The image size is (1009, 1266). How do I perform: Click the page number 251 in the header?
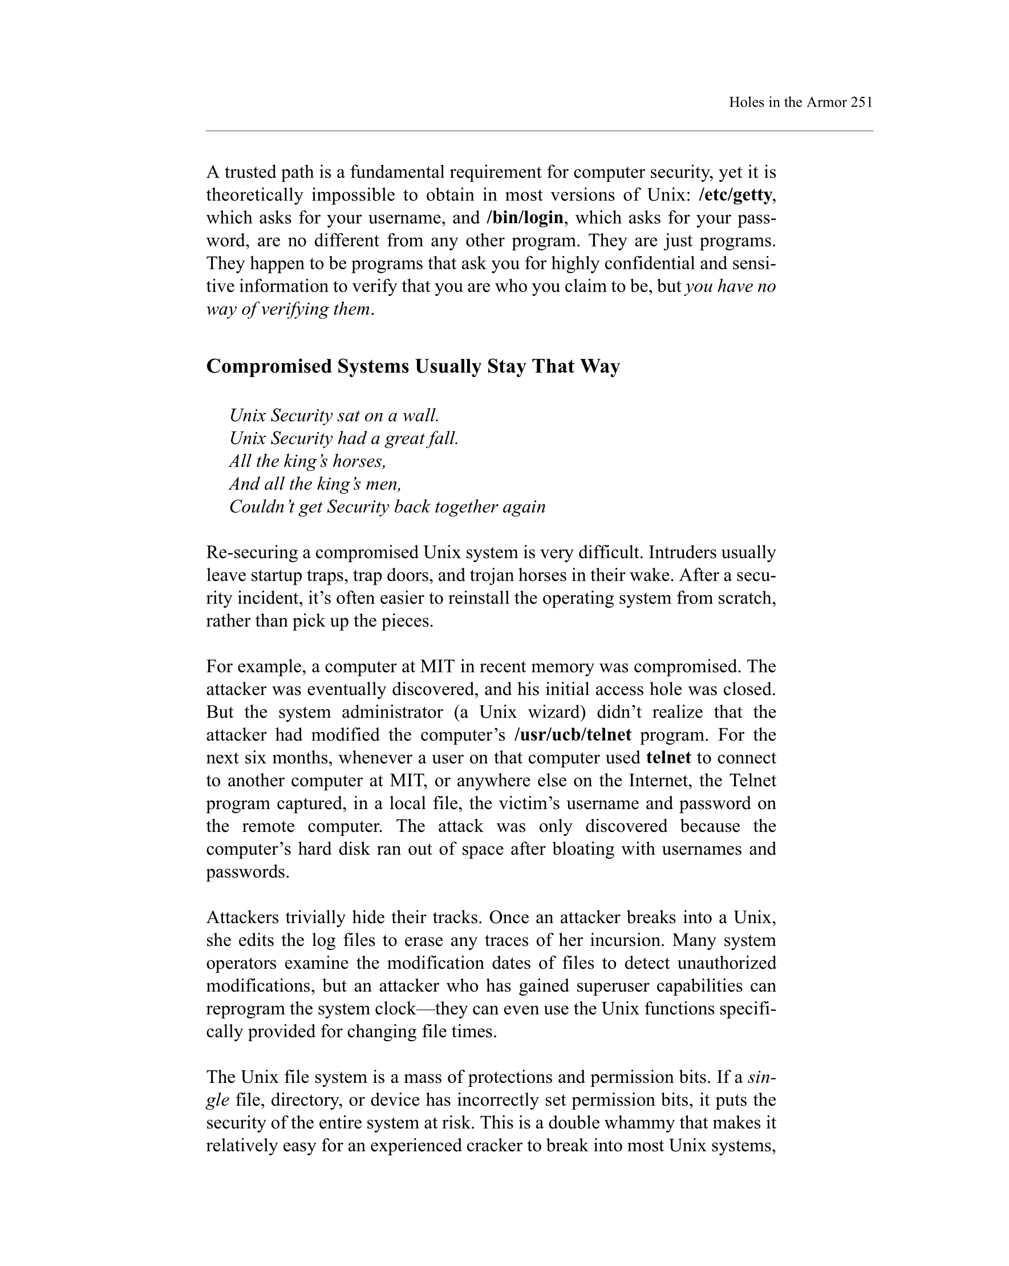point(861,102)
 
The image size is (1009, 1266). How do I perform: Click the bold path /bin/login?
point(525,218)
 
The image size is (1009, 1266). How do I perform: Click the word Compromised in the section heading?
point(269,366)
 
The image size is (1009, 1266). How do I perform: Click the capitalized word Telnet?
point(752,781)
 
